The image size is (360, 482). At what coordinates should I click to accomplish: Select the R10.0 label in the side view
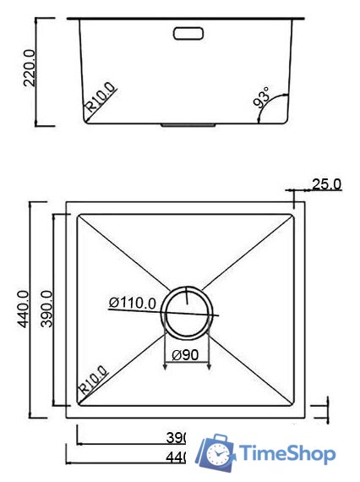101,98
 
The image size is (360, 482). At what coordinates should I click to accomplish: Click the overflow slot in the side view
188,34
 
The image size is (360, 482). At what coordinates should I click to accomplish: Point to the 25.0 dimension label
326,183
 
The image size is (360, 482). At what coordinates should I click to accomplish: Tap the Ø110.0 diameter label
132,302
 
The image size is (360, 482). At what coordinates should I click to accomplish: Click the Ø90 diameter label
185,355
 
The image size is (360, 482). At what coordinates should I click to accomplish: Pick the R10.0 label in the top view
93,381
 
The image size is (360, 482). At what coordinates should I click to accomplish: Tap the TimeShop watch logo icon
216,454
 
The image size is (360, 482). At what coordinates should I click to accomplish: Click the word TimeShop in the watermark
288,455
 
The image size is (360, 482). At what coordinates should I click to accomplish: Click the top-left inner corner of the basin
79,214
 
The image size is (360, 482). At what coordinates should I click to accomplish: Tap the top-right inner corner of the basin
294,214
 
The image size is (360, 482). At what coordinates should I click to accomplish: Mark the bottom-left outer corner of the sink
67,417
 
